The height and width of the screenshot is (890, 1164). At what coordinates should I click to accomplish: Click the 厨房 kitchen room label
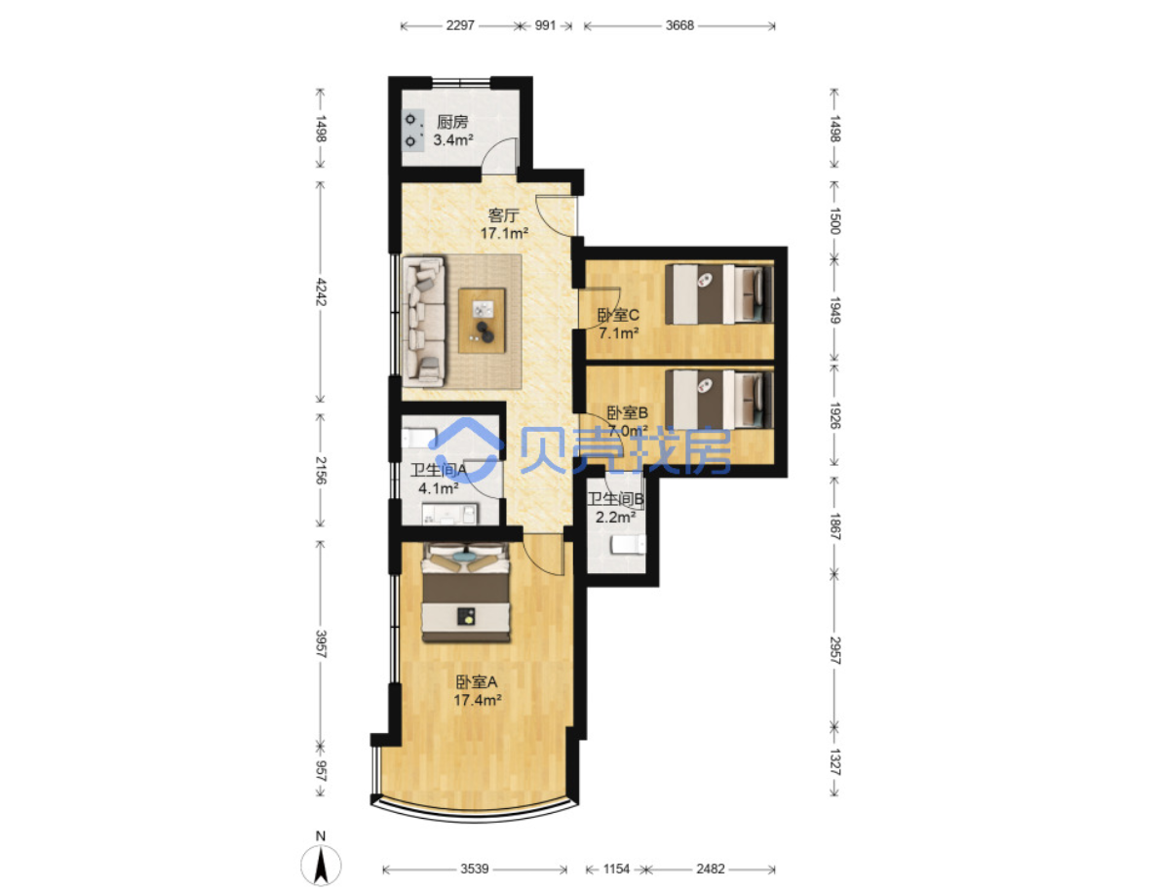pyautogui.click(x=452, y=122)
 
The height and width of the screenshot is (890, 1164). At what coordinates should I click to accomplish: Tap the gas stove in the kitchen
pyautogui.click(x=412, y=130)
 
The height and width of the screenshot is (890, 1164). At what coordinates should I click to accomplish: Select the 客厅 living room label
pyautogui.click(x=503, y=215)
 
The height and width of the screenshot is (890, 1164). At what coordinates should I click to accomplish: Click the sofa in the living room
pyautogui.click(x=424, y=321)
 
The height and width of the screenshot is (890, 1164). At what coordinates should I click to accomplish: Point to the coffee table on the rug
pyautogui.click(x=482, y=321)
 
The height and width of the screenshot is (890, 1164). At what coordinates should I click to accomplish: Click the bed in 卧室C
pyautogui.click(x=718, y=294)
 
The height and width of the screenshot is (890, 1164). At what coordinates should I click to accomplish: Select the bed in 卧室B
pyautogui.click(x=718, y=400)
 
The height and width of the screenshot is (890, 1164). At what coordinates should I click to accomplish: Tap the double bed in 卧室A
pyautogui.click(x=466, y=593)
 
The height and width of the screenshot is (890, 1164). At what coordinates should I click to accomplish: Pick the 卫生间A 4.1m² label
pyautogui.click(x=439, y=479)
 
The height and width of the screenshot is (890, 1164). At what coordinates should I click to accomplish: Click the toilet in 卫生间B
pyautogui.click(x=628, y=546)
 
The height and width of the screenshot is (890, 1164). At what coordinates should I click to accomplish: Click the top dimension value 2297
pyautogui.click(x=460, y=25)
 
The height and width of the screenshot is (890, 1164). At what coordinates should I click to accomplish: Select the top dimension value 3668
pyautogui.click(x=679, y=25)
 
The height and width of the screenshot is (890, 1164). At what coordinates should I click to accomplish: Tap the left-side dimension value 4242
pyautogui.click(x=321, y=291)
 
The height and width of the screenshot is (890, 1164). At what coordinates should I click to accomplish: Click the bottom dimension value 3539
pyautogui.click(x=475, y=869)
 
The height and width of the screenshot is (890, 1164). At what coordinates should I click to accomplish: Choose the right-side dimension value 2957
pyautogui.click(x=834, y=649)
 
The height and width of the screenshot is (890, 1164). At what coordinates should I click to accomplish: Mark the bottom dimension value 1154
pyautogui.click(x=616, y=869)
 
